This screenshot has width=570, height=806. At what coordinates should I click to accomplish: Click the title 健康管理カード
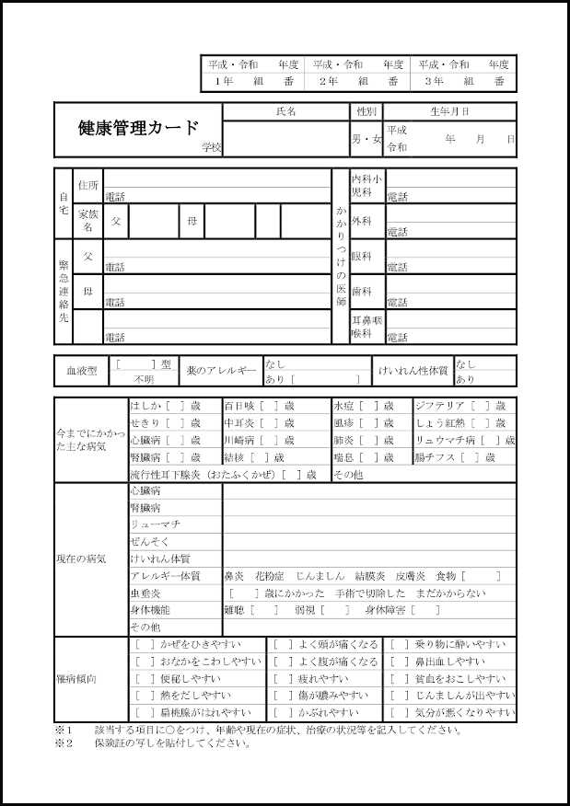(138, 128)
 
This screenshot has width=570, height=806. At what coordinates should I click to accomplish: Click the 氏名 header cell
(286, 111)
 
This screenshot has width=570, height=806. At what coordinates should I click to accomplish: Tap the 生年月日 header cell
(449, 111)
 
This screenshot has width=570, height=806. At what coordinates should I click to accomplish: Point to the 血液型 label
(81, 370)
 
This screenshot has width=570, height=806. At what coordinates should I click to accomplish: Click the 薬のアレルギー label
(221, 370)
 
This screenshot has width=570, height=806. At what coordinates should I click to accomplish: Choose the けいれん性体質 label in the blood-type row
(413, 370)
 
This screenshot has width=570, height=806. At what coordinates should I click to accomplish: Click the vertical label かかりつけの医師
(342, 256)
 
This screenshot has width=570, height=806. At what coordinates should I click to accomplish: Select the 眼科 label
(361, 256)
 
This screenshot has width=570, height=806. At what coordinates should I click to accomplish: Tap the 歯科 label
(361, 291)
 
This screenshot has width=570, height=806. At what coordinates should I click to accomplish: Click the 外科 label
(361, 221)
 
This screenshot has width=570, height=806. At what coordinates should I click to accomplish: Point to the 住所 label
(88, 185)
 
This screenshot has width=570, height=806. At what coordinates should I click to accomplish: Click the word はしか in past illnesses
(145, 406)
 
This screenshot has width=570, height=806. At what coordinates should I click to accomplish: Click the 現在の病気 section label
(81, 558)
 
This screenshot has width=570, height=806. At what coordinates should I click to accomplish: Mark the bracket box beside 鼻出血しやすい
(399, 662)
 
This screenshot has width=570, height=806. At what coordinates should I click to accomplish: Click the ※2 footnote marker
(63, 743)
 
